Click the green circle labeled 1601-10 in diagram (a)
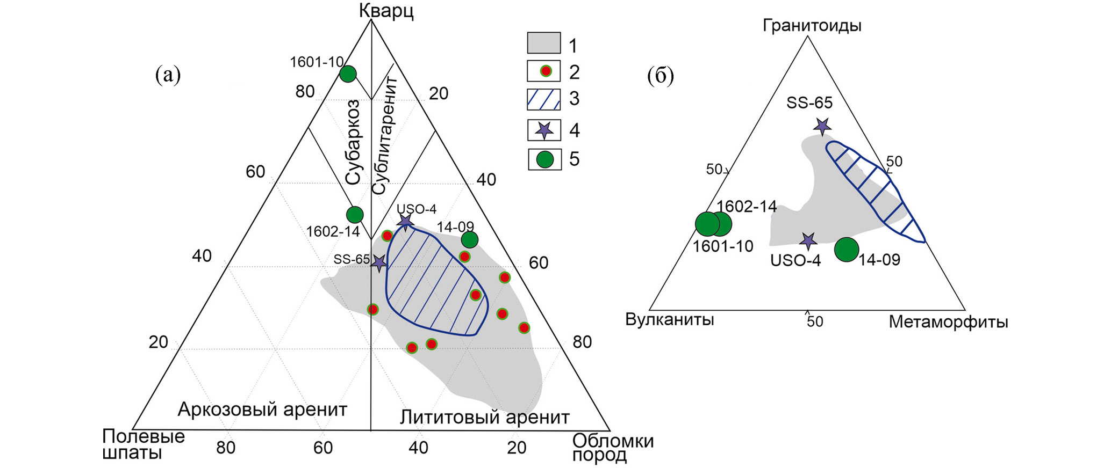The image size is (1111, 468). point(348,74)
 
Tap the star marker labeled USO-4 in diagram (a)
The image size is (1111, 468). point(405,221)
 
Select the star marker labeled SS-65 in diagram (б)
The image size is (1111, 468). point(822,126)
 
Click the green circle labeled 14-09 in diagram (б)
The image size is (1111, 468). point(847,250)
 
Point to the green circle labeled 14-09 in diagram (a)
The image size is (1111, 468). point(469,239)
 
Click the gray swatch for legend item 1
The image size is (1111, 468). point(543,43)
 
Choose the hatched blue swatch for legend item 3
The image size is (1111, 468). point(543,99)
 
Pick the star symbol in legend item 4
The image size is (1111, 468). point(544,130)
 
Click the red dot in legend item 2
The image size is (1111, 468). point(544,71)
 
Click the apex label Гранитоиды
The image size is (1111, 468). point(812,25)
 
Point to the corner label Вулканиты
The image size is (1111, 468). point(669,320)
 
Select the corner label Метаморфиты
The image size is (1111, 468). point(948,322)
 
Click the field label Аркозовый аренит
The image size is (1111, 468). point(262,409)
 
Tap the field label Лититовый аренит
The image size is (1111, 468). point(484,417)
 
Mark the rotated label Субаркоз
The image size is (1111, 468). point(353,142)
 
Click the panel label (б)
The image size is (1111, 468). point(661,76)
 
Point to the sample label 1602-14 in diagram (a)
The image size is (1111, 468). point(333,231)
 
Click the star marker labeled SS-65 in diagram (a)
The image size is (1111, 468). point(379,263)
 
